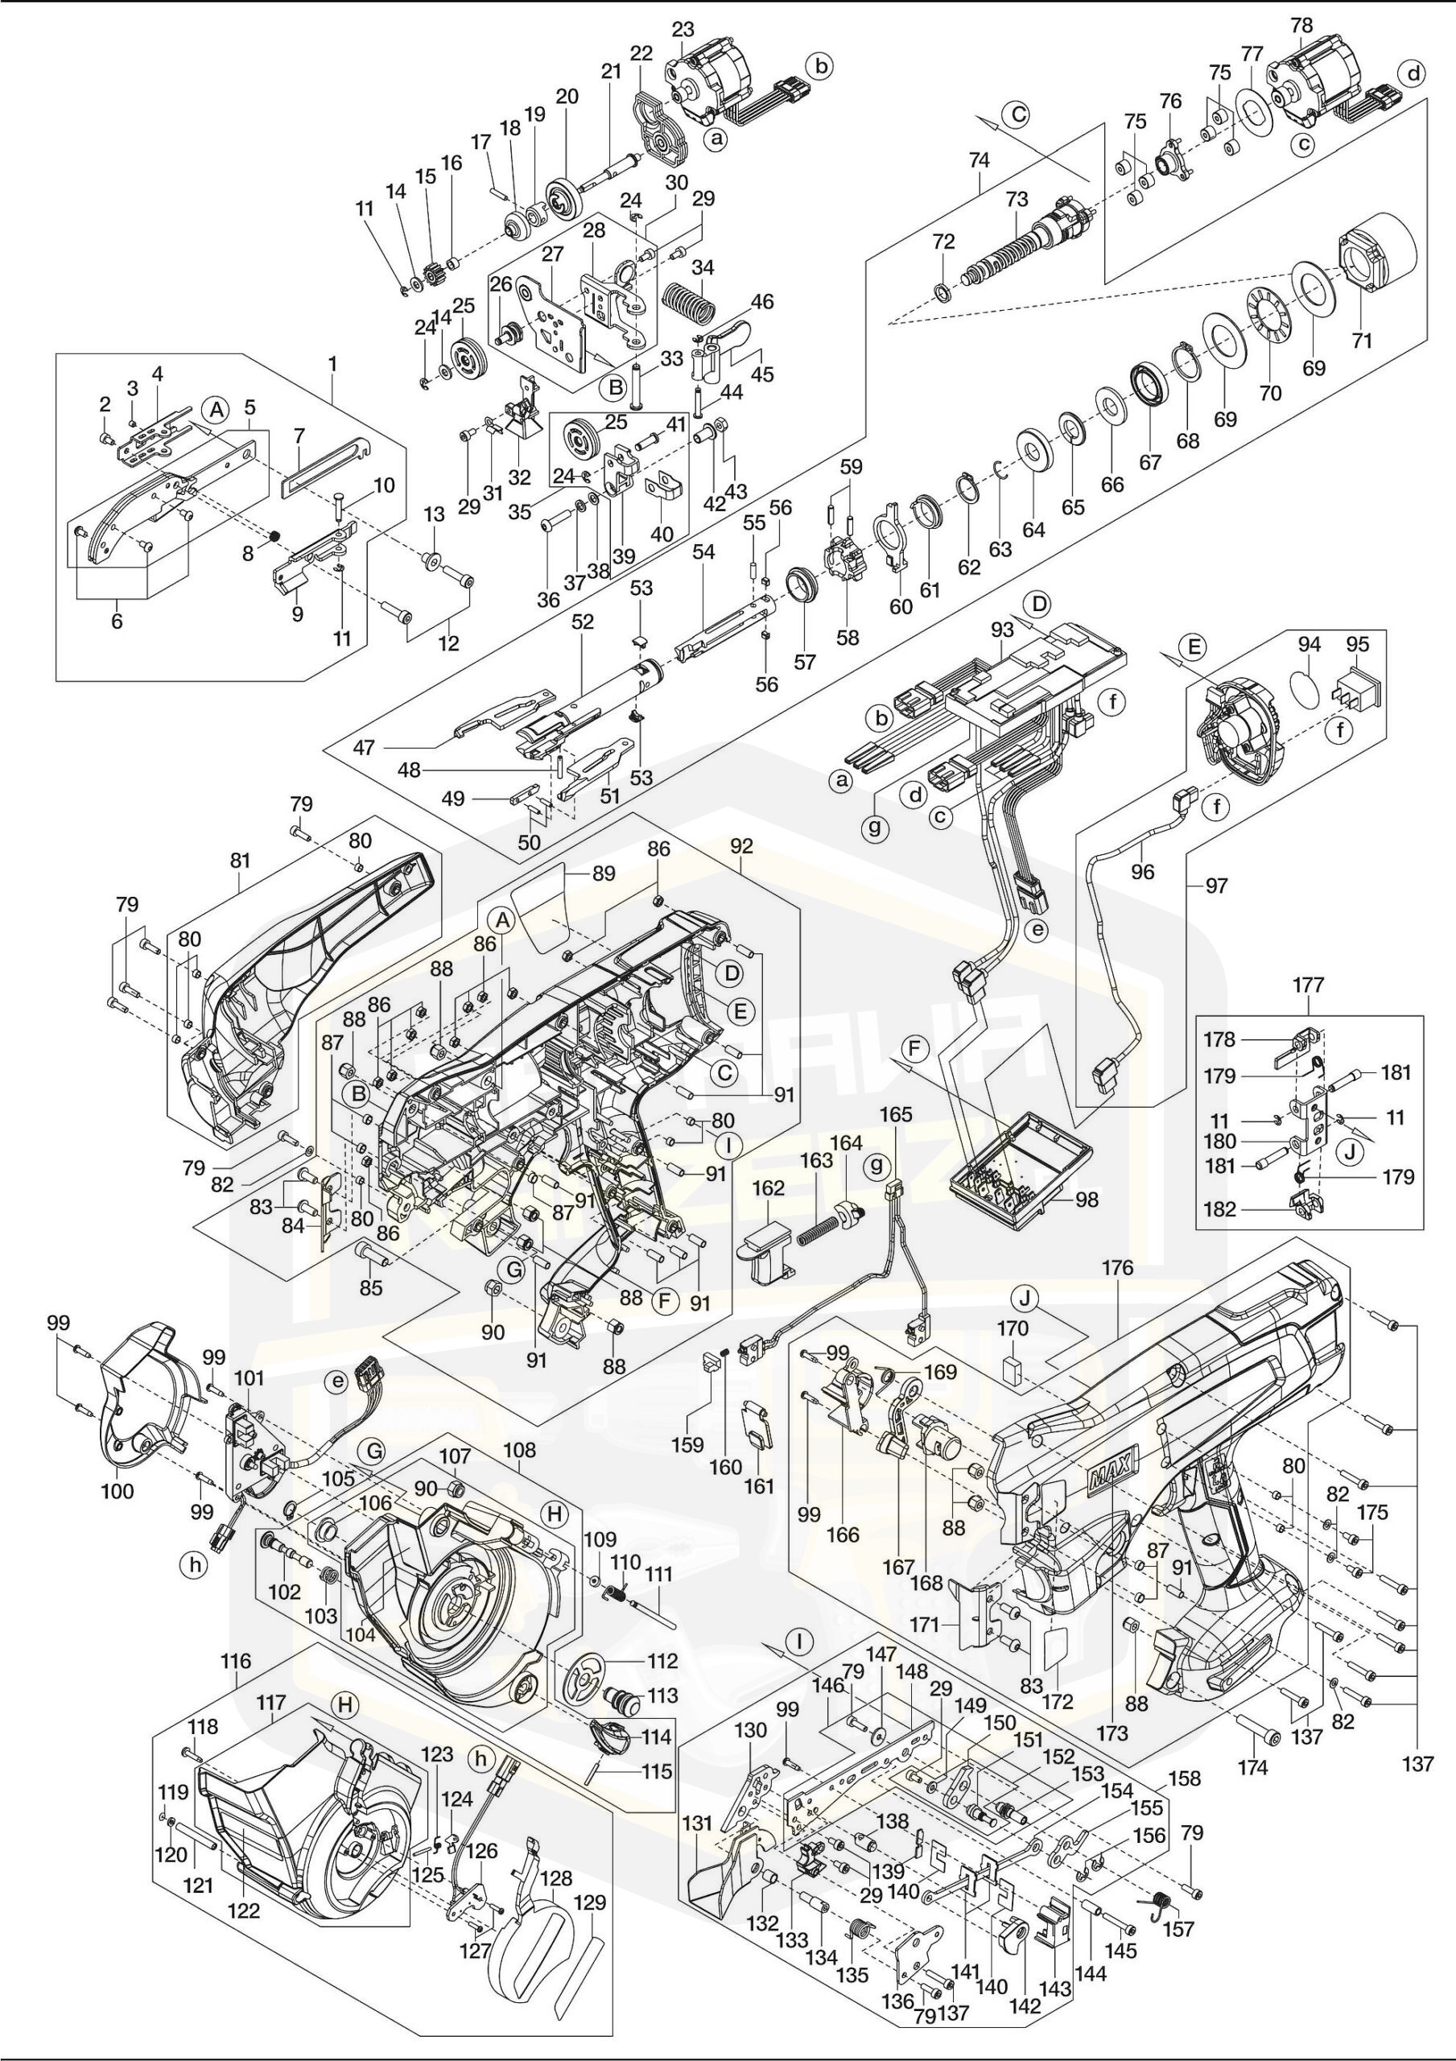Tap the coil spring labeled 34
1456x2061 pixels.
690,304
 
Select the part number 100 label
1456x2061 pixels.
117,1492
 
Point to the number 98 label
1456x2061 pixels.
1087,1200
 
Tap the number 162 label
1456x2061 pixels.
769,1188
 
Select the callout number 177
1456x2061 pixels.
1308,985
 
